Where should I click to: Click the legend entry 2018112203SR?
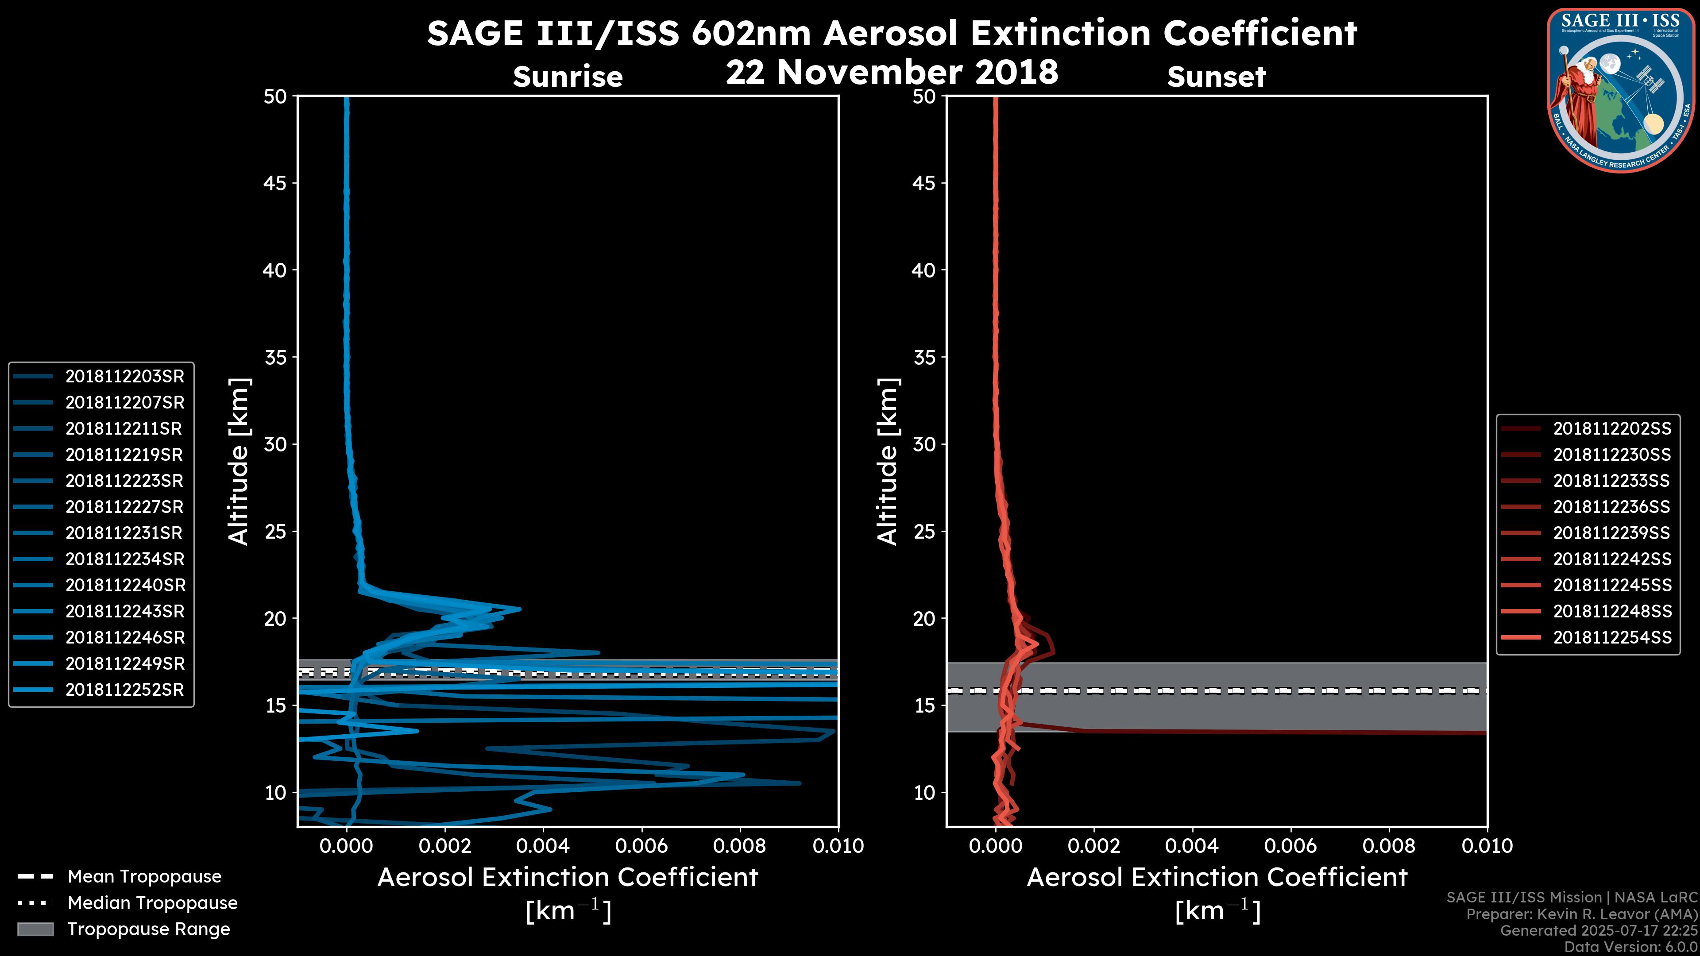pyautogui.click(x=124, y=377)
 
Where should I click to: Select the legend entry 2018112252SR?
pyautogui.click(x=124, y=690)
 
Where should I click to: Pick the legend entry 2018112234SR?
pyautogui.click(x=124, y=559)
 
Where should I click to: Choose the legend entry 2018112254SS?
pyautogui.click(x=1611, y=638)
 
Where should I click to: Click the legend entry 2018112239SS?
pyautogui.click(x=1611, y=533)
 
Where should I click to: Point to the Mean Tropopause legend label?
pyautogui.click(x=144, y=877)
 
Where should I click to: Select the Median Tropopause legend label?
pyautogui.click(x=152, y=903)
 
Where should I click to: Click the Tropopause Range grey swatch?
pyautogui.click(x=35, y=929)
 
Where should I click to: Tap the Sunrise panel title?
pyautogui.click(x=568, y=77)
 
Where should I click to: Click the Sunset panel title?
pyautogui.click(x=1216, y=77)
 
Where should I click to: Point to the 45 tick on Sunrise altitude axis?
pyautogui.click(x=275, y=183)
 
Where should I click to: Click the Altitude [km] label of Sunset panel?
pyautogui.click(x=888, y=462)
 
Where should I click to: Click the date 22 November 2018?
pyautogui.click(x=892, y=73)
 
